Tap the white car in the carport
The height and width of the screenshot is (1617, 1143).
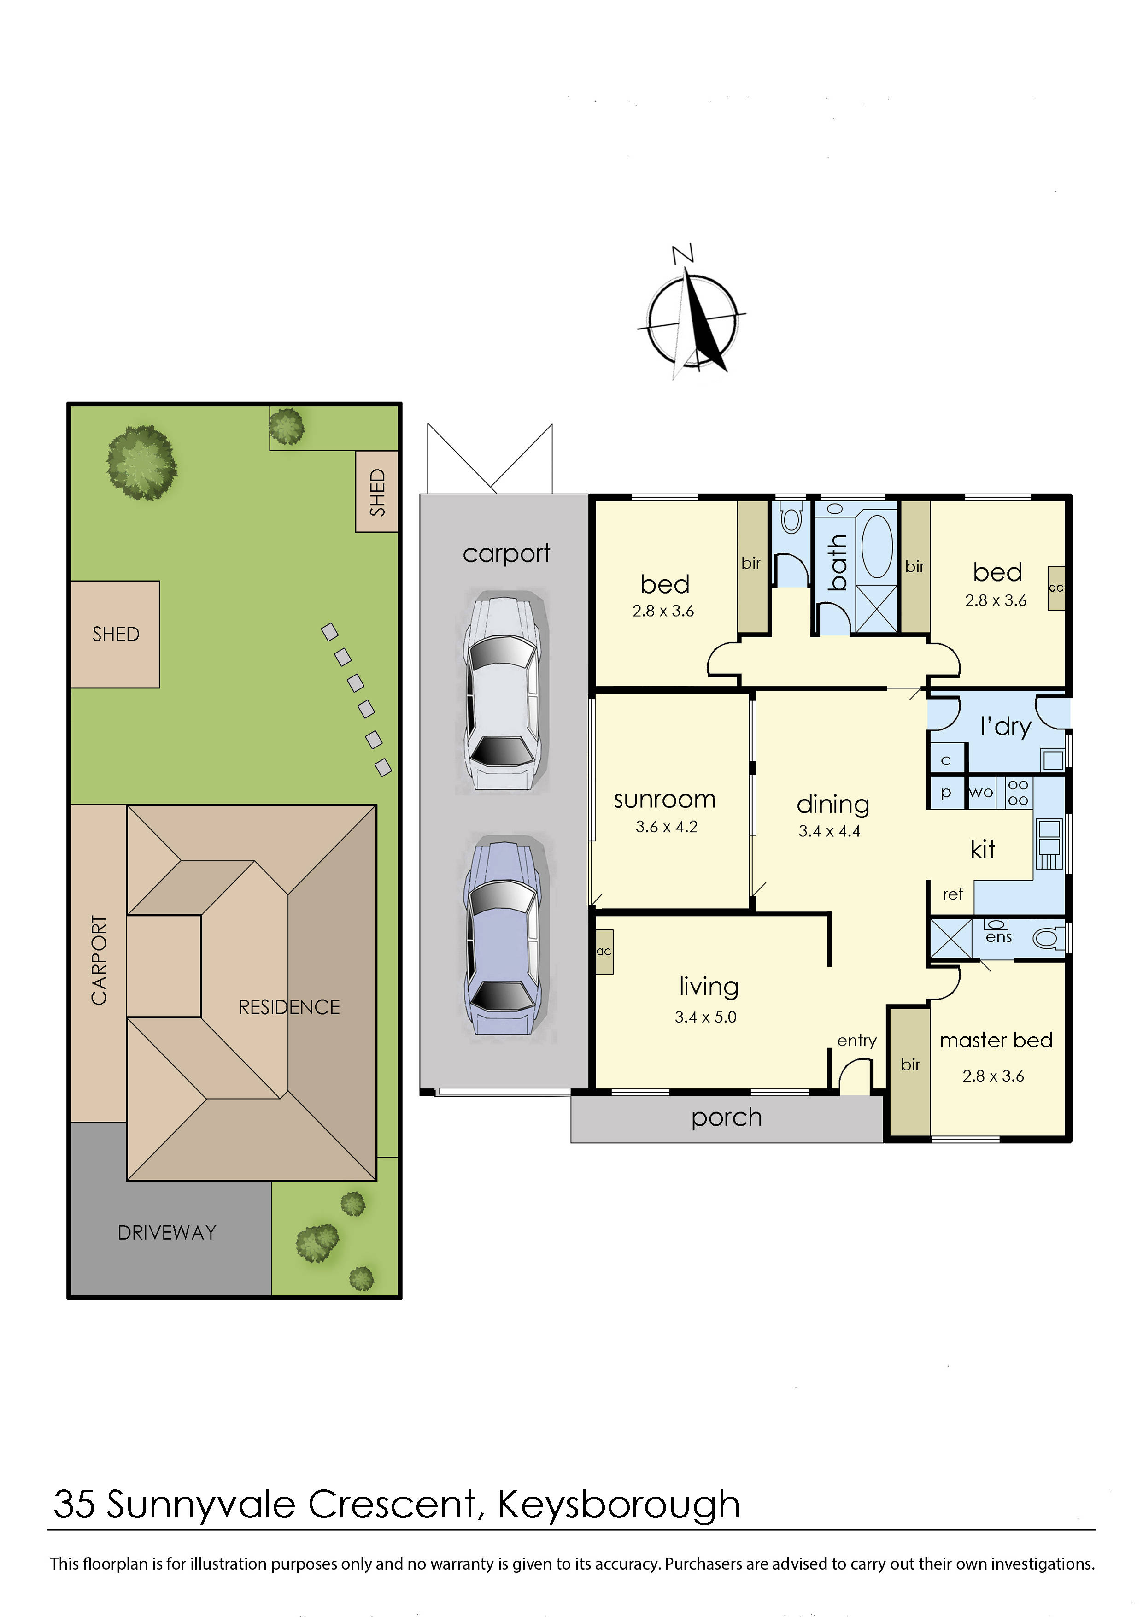click(x=501, y=694)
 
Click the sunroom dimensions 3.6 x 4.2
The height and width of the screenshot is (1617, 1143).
click(x=666, y=827)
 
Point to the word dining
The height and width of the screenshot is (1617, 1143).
click(x=832, y=804)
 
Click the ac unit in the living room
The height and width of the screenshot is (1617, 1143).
click(x=604, y=952)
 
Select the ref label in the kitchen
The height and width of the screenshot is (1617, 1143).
click(x=952, y=894)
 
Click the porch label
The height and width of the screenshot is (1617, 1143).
click(x=726, y=1117)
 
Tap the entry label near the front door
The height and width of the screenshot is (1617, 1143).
click(x=856, y=1040)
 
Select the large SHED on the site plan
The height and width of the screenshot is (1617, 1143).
click(x=116, y=634)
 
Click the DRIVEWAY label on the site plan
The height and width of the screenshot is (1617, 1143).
click(x=167, y=1233)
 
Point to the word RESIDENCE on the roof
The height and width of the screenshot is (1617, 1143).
click(x=289, y=1007)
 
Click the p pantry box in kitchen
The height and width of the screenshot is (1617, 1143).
click(x=946, y=792)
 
